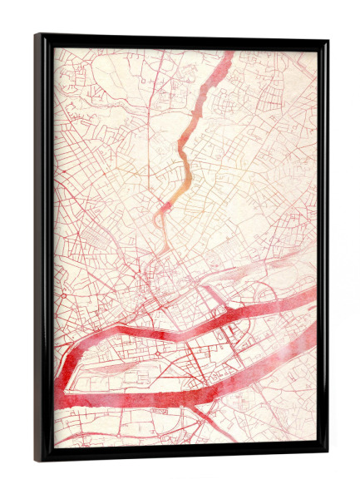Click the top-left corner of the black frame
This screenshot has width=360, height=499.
pyautogui.click(x=37, y=36)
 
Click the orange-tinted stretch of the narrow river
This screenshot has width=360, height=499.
pyautogui.click(x=185, y=166)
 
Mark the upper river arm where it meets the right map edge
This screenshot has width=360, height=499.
pyautogui.click(x=313, y=295)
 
